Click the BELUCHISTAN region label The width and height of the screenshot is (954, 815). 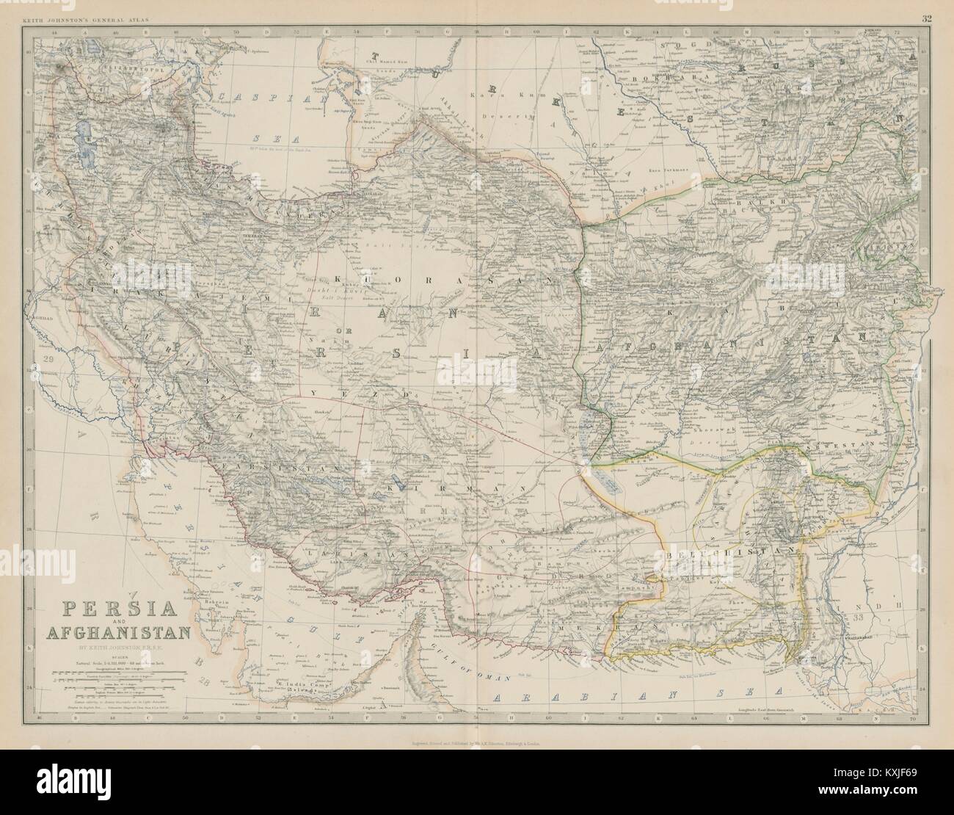(x=734, y=549)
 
